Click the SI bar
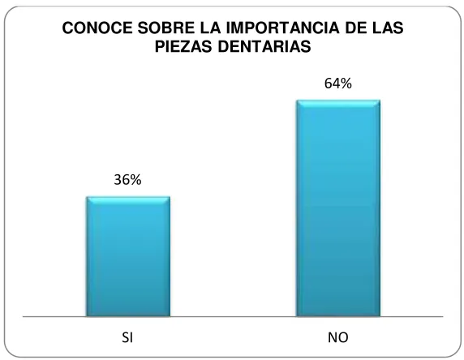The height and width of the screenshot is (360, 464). [x=128, y=256]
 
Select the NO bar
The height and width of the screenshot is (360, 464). [x=338, y=208]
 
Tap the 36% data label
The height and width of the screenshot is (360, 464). [x=127, y=180]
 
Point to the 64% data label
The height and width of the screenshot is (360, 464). [x=338, y=84]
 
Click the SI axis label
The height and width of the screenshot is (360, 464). [x=127, y=337]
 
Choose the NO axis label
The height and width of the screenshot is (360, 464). [x=338, y=337]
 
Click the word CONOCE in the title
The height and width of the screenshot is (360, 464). [x=97, y=28]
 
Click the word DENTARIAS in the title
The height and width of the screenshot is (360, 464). [x=264, y=46]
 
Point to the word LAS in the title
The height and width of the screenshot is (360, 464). [x=387, y=28]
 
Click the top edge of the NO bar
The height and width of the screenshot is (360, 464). [x=338, y=101]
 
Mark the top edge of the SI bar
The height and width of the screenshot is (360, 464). [x=128, y=197]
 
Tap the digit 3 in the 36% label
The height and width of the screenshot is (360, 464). [x=118, y=180]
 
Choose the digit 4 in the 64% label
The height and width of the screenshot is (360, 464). [x=335, y=84]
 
